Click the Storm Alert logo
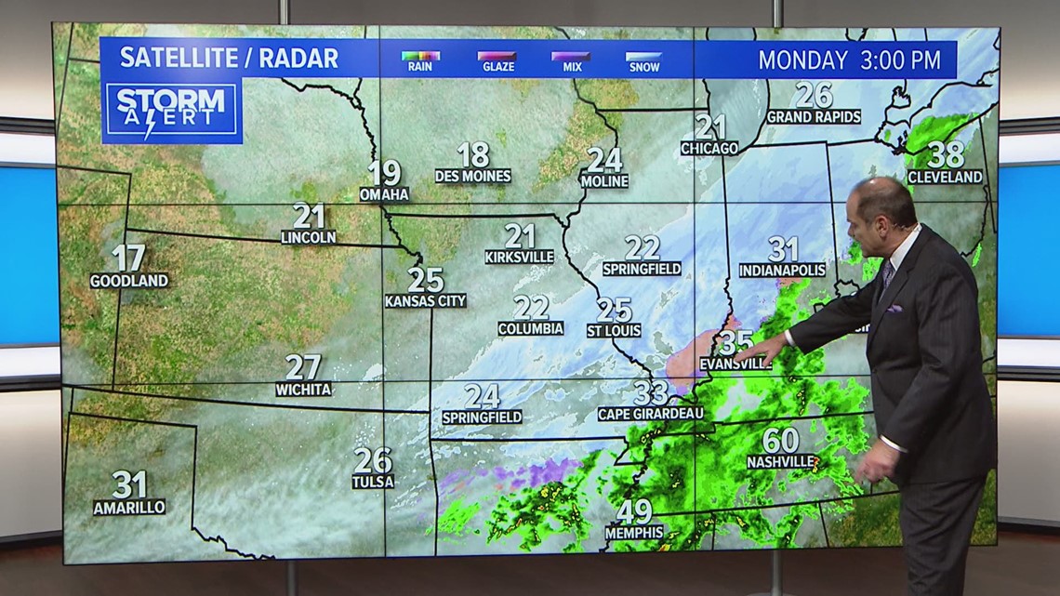pyautogui.click(x=172, y=111)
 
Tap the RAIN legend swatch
pyautogui.click(x=420, y=57)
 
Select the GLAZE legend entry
pyautogui.click(x=496, y=57)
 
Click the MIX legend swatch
pyautogui.click(x=570, y=57)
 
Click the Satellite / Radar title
pyautogui.click(x=229, y=58)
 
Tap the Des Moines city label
pyautogui.click(x=473, y=176)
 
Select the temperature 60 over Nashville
pyautogui.click(x=780, y=440)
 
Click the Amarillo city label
pyautogui.click(x=129, y=508)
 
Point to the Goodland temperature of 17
pyautogui.click(x=129, y=258)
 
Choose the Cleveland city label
pyautogui.click(x=945, y=177)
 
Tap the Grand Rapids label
pyautogui.click(x=814, y=117)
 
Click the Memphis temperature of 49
pyautogui.click(x=634, y=511)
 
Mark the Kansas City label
pyautogui.click(x=426, y=301)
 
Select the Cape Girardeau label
pyautogui.click(x=651, y=414)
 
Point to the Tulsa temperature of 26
pyautogui.click(x=373, y=460)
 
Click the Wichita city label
pyautogui.click(x=303, y=390)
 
